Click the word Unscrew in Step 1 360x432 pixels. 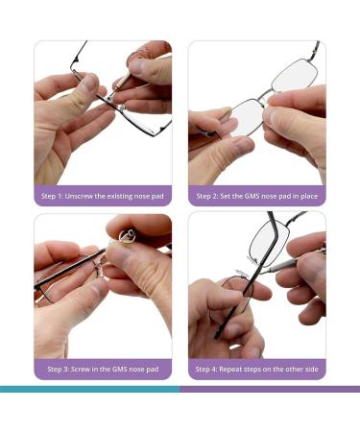80,196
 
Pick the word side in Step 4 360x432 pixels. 312,369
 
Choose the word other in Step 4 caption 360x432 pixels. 293,369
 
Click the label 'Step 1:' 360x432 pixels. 54,196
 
